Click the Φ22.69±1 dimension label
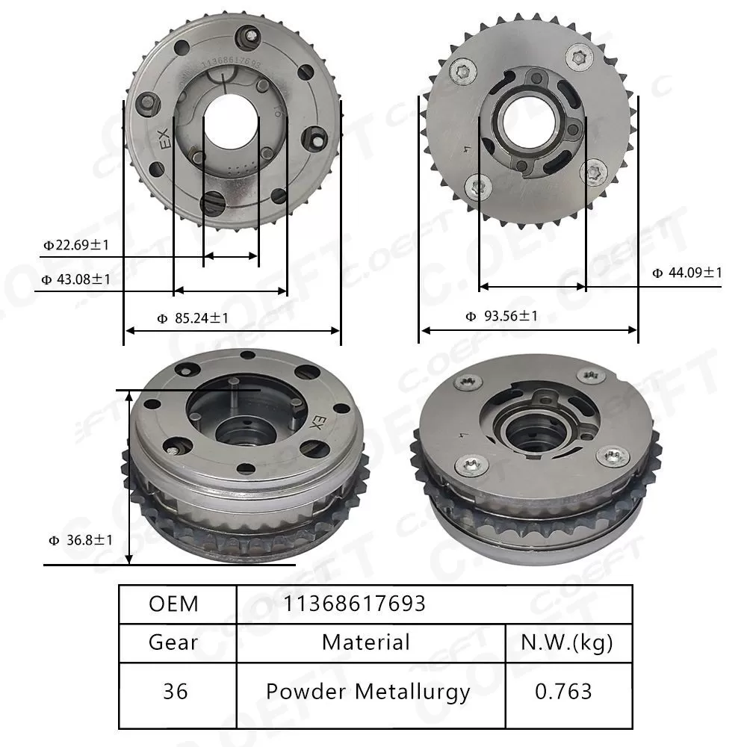tap(77, 244)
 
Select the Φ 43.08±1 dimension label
tap(75, 279)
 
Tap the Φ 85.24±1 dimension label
tap(193, 318)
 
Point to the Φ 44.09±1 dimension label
tap(687, 273)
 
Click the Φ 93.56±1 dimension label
tap(501, 316)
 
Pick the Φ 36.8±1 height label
tap(80, 539)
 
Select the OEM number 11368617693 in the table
tap(353, 604)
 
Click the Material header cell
tap(366, 642)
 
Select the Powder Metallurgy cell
tap(368, 691)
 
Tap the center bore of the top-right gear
tap(527, 119)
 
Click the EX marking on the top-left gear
tap(163, 140)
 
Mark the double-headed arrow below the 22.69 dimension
tap(231, 256)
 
